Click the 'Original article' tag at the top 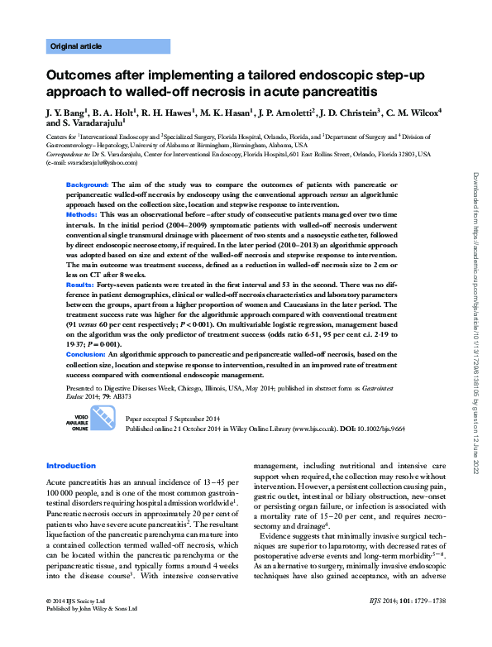[x=77, y=46]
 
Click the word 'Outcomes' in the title [x=83, y=75]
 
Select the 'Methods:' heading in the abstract [x=83, y=214]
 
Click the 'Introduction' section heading [x=71, y=466]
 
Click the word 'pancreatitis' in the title [x=330, y=91]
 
